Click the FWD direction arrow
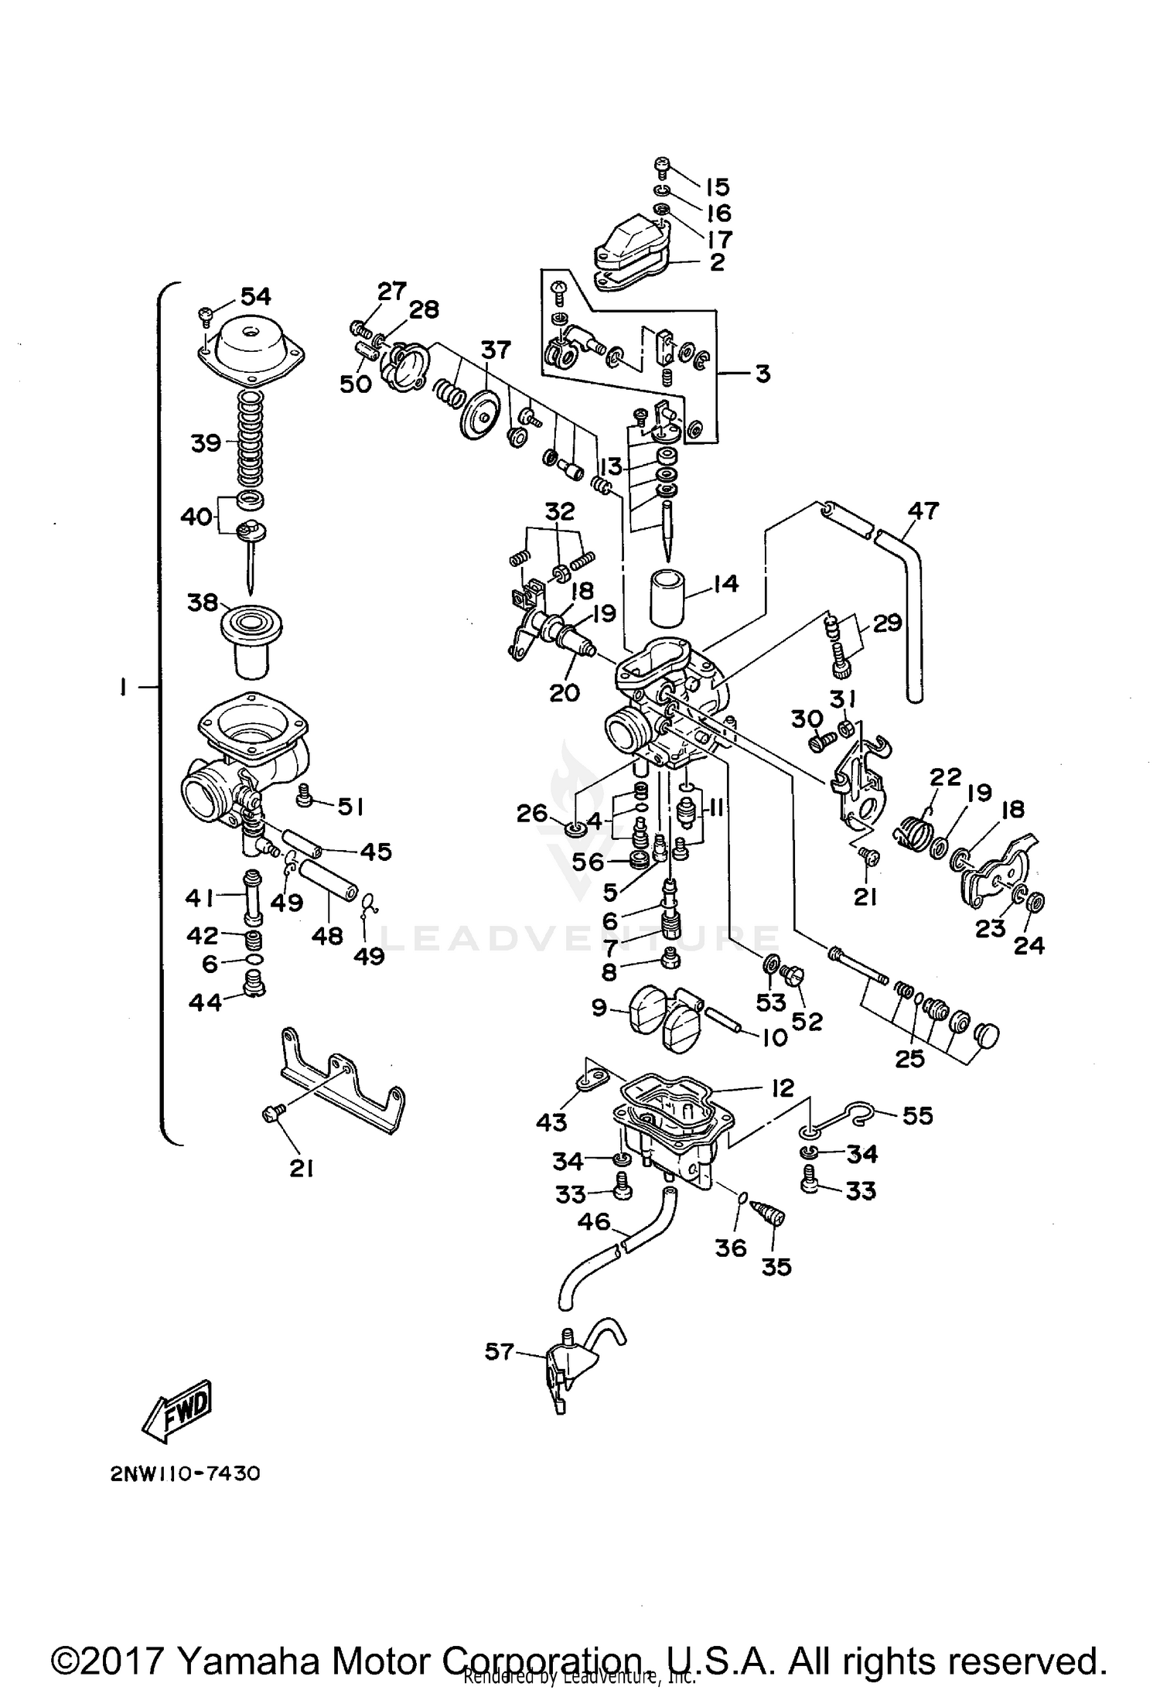[177, 1410]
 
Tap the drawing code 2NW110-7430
[185, 1474]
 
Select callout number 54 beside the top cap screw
[255, 295]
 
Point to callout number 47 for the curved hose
[923, 511]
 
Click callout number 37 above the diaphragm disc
[496, 350]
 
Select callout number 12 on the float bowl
[783, 1088]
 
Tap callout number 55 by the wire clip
[917, 1115]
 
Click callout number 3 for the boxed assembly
[763, 374]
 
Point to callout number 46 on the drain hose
[594, 1222]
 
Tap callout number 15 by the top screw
[717, 186]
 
